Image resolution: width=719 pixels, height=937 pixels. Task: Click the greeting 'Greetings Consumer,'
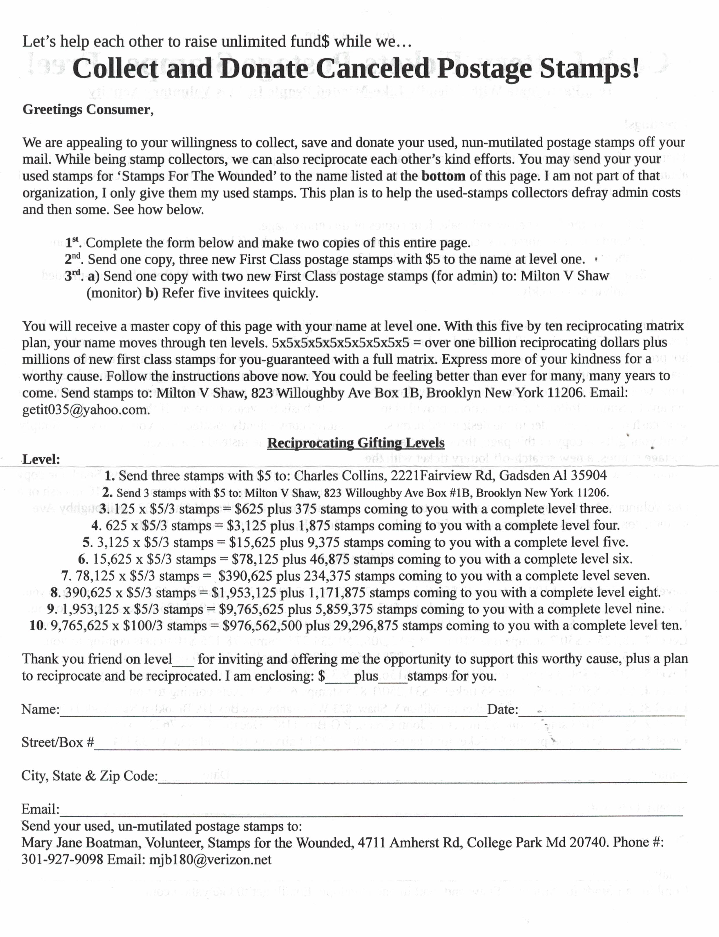(88, 110)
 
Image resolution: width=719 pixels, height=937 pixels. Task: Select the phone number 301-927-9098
(62, 860)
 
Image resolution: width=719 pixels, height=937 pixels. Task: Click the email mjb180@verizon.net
(210, 860)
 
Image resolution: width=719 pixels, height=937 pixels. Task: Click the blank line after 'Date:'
(601, 712)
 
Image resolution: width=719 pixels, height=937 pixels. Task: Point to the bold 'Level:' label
(41, 460)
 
